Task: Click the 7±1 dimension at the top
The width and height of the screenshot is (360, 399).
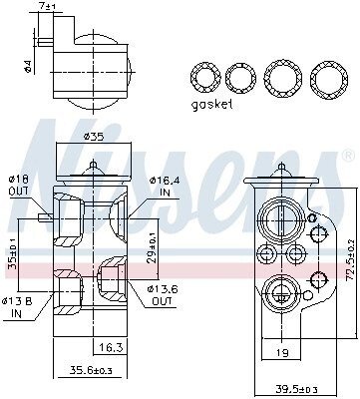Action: [48, 6]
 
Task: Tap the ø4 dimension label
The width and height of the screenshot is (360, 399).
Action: [28, 67]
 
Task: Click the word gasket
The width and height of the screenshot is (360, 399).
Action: [211, 105]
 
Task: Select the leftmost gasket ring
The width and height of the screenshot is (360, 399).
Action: [205, 78]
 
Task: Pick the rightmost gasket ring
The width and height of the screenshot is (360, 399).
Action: [329, 78]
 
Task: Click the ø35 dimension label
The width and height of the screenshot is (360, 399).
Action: [94, 136]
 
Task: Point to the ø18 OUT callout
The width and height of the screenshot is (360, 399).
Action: [19, 185]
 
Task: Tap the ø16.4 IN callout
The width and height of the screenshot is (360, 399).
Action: [165, 187]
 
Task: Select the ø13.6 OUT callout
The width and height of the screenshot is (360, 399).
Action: [163, 295]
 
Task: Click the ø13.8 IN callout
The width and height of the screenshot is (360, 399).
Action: [17, 307]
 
